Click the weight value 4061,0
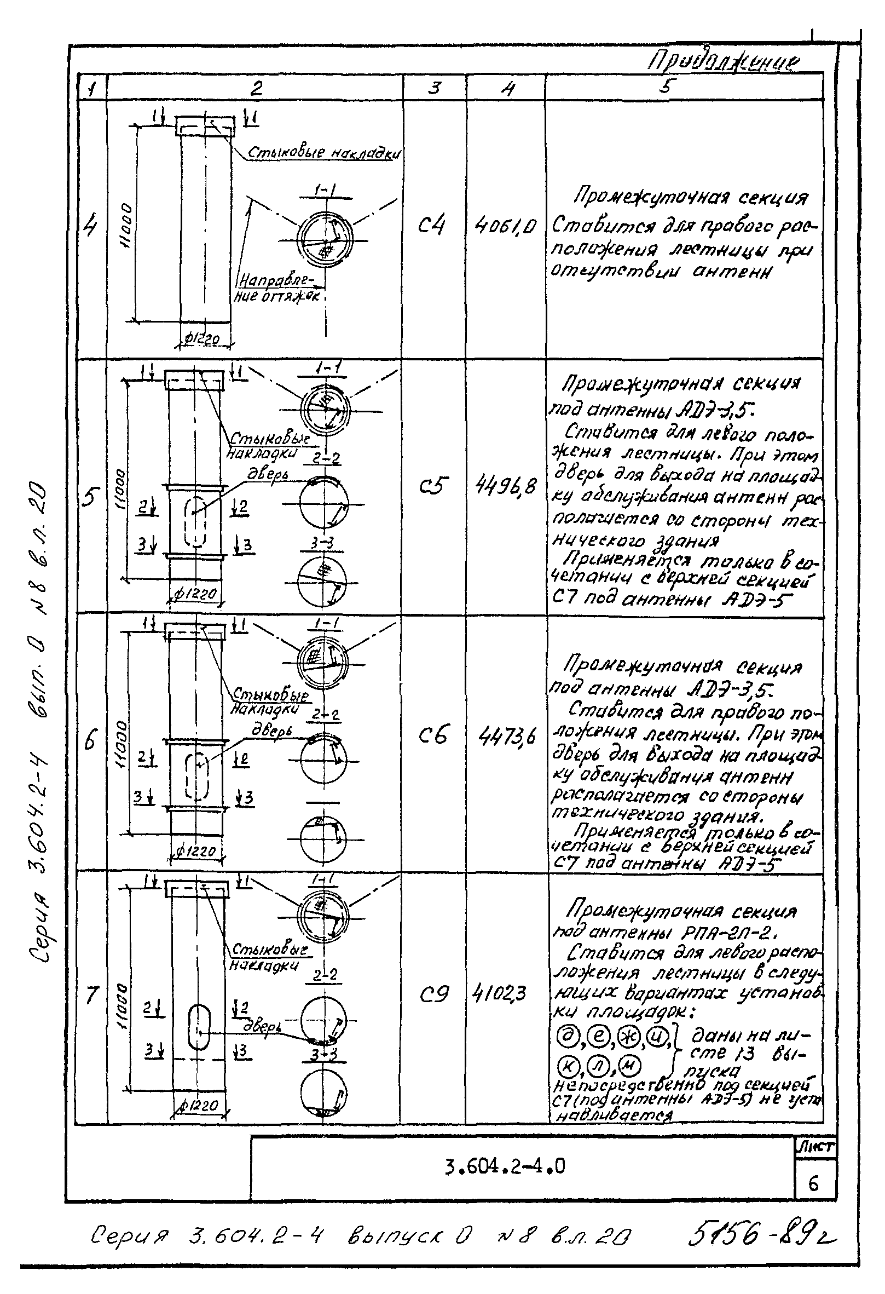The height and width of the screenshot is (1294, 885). (x=505, y=226)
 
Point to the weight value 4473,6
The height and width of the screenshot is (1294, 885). (x=506, y=737)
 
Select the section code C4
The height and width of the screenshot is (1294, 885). (x=431, y=225)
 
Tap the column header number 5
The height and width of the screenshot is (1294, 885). (x=668, y=87)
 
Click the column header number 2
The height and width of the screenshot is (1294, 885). (x=256, y=88)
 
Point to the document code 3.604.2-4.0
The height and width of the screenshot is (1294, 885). (x=505, y=1165)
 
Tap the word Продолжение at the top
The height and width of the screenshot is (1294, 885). (x=724, y=63)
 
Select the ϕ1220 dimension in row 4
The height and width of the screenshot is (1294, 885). (x=201, y=339)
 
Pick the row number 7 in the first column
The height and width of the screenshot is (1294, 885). (x=92, y=995)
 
